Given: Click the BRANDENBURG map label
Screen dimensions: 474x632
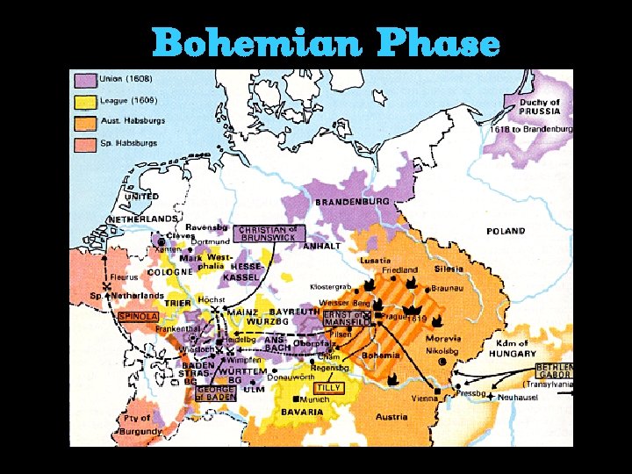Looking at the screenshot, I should click(352, 202).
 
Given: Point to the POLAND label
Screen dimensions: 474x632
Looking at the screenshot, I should click(506, 232).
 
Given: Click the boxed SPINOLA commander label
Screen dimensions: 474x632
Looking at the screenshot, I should click(137, 316).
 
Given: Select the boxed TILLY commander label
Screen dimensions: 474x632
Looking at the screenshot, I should click(327, 387).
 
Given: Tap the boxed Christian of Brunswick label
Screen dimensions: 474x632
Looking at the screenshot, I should click(269, 233).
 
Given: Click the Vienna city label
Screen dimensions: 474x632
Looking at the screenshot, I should click(424, 398).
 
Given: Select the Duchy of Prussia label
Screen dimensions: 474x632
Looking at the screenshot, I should click(539, 107).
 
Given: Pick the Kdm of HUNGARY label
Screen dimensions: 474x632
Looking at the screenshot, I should click(511, 348).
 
